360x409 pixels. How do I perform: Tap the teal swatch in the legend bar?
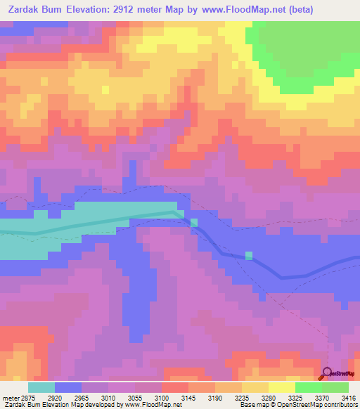coord(41,387)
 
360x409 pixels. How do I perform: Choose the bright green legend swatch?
coord(308,387)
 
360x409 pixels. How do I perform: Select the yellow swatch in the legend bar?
coord(281,387)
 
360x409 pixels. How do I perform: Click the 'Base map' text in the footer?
coord(252,405)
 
